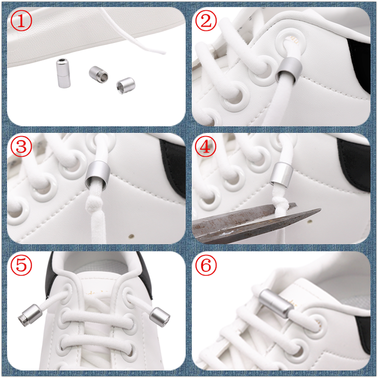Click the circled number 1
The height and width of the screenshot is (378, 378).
point(21,21)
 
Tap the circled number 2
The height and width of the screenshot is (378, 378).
point(206,21)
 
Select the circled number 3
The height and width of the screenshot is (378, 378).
point(21,146)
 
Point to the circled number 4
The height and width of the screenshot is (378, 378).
point(206,146)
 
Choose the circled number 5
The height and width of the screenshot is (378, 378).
point(21,265)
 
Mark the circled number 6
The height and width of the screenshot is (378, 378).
point(206,265)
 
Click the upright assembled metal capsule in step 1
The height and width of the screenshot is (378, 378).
point(63,73)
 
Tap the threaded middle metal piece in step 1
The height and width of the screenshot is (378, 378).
point(98,74)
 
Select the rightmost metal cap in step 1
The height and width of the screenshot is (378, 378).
point(126,86)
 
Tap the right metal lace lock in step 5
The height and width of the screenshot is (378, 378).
point(160,317)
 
